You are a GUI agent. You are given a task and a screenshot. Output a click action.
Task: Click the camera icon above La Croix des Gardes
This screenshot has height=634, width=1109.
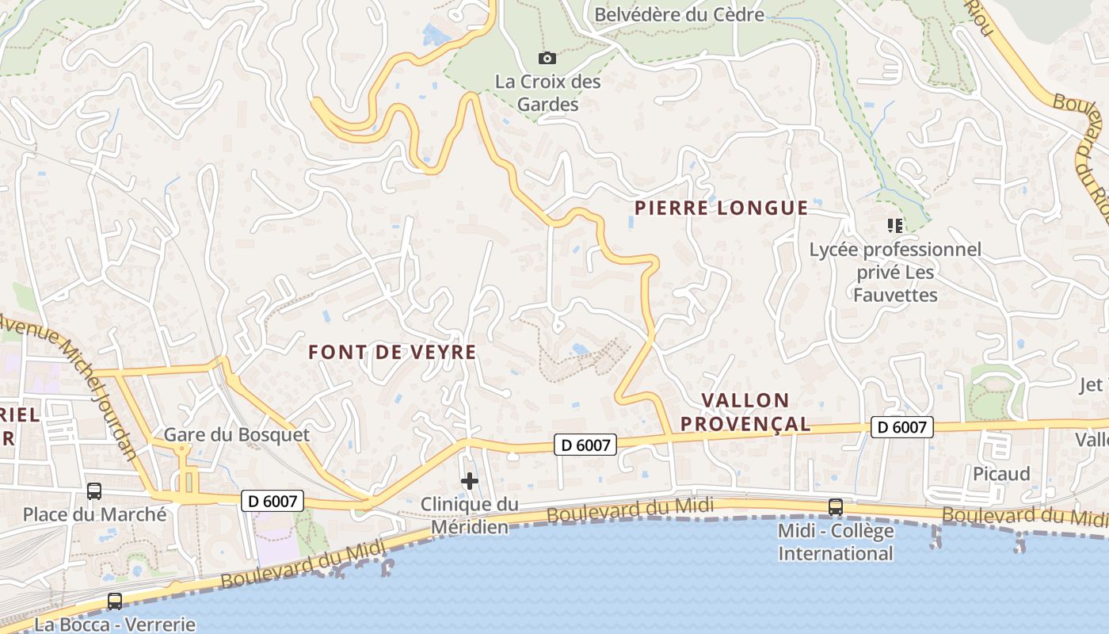pos(547,58)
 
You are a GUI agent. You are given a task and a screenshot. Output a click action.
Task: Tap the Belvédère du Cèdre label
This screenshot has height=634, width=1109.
pos(679,14)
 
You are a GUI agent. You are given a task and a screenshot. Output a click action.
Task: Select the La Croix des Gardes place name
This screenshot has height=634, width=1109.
pos(548,93)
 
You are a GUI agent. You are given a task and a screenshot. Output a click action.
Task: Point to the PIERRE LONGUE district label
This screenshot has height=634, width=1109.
pos(721,208)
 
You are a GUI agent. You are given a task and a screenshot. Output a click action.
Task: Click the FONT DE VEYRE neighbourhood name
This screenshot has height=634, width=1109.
pos(392,353)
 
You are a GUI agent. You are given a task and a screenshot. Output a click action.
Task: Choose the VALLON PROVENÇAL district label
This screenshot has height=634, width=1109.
pos(745,412)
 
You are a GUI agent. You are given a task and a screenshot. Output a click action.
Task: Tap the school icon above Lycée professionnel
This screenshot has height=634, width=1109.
pos(895,226)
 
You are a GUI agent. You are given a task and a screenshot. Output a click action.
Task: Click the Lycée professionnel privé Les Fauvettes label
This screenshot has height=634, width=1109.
pos(895,273)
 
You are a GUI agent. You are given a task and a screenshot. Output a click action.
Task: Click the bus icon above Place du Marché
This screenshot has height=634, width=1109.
pos(94,491)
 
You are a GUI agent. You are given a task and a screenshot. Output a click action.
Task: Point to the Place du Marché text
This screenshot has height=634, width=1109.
pos(94,514)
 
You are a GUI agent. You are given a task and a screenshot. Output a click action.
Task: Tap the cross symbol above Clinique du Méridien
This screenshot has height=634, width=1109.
pos(470,481)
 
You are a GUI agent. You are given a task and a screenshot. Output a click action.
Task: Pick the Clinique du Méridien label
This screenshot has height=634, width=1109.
pos(470,515)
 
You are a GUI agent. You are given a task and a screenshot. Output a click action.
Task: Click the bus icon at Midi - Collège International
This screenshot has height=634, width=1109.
pos(835,506)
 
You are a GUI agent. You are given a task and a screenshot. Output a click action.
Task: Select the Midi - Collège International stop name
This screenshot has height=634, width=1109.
pos(836,541)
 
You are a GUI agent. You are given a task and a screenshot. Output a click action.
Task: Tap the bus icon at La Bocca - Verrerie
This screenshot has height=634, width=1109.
pos(115,602)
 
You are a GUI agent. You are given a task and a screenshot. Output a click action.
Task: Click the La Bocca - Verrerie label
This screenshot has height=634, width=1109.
pos(115,624)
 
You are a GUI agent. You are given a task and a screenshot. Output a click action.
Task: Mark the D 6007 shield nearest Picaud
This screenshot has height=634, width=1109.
pos(902,427)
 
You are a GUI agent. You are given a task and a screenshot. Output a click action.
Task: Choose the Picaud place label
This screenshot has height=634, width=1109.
pos(1001,474)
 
